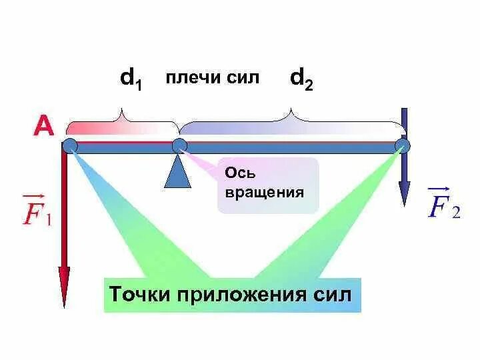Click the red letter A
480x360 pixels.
click(44, 127)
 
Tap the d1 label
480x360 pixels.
click(131, 80)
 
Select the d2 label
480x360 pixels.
click(301, 80)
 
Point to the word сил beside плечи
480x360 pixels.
click(243, 79)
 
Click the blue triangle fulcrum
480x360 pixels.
click(177, 171)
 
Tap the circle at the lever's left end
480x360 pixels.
click(70, 146)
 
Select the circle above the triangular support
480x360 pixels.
click(179, 146)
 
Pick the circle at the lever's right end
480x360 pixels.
click(402, 146)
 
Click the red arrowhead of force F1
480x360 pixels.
click(64, 287)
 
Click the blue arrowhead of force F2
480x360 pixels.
click(404, 194)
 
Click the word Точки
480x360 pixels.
click(141, 294)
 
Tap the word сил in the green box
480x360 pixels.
click(331, 294)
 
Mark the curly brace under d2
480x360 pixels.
click(291, 120)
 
